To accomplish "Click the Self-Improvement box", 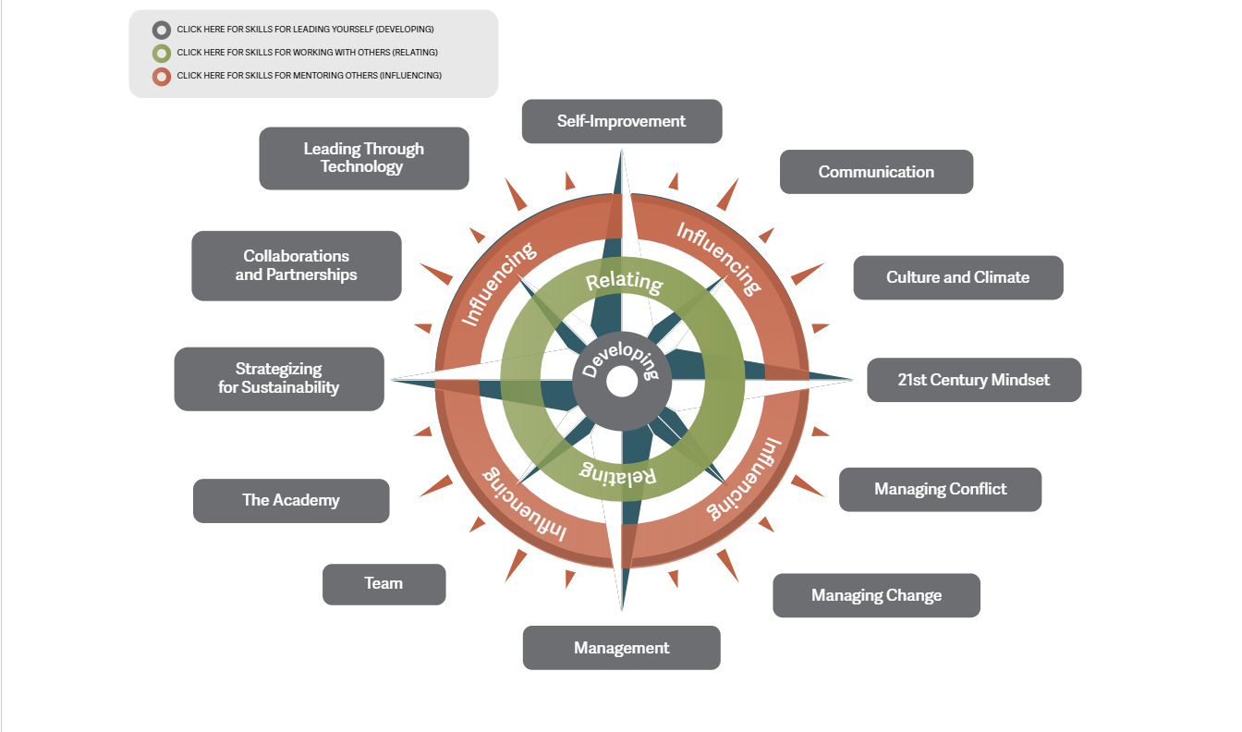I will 622,121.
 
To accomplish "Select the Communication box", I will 876,172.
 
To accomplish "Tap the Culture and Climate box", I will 957,277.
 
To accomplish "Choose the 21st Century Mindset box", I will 973,380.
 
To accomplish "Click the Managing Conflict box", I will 940,489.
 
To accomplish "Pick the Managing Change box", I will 876,595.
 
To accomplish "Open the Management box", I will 621,648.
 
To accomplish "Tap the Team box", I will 384,584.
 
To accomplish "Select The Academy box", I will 291,500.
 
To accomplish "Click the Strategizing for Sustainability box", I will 279,379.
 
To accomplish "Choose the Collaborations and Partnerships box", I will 296,265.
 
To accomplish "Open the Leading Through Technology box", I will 363,158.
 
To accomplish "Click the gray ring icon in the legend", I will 162,30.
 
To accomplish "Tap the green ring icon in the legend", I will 162,53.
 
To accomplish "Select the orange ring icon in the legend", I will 162,76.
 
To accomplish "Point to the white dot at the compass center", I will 622,381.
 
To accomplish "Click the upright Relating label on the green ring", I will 625,281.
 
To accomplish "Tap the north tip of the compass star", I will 622,155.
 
